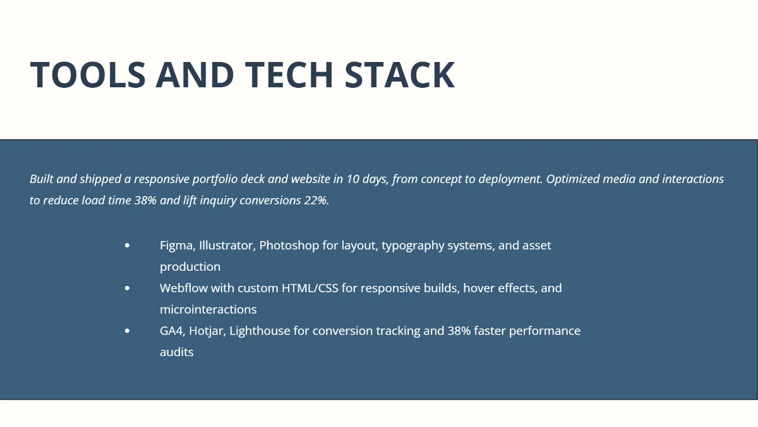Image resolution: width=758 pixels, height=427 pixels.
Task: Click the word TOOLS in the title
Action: point(88,75)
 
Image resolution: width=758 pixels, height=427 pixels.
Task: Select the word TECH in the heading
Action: point(289,75)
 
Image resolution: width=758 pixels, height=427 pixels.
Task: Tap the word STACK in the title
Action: point(400,75)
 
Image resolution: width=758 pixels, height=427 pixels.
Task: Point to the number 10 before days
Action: point(352,179)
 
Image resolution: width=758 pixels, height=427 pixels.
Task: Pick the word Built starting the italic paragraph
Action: point(42,179)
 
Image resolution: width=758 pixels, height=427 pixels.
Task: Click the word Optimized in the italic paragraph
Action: point(573,179)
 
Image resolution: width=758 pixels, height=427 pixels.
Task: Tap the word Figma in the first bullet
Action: point(177,245)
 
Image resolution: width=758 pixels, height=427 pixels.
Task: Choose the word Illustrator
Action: point(227,245)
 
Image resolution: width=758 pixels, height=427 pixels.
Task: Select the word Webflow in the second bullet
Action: point(184,288)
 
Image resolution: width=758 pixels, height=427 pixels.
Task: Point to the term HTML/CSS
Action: point(310,288)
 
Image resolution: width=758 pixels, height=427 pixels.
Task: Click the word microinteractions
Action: point(208,309)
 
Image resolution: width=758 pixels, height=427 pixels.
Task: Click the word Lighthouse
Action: point(260,331)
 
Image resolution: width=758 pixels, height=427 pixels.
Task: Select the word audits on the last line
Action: point(177,352)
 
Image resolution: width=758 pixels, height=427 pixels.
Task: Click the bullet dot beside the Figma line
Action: point(127,245)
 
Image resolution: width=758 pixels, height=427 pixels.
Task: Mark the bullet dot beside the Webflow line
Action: point(127,288)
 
